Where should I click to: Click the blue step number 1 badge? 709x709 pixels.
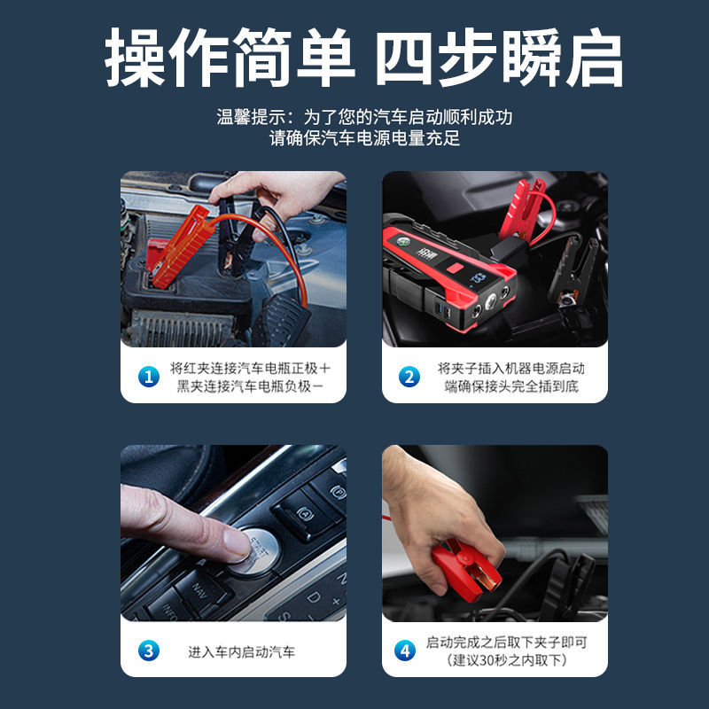[x=148, y=377]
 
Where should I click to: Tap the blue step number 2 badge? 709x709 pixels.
[x=409, y=377]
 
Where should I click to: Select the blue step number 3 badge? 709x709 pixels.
[x=148, y=651]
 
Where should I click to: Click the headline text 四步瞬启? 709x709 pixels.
[x=499, y=60]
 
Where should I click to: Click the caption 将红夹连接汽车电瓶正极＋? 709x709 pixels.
[x=251, y=368]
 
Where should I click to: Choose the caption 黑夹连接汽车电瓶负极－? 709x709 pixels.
[x=251, y=386]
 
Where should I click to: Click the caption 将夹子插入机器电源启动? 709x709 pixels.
[x=510, y=368]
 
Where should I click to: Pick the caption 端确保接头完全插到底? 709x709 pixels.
[x=510, y=386]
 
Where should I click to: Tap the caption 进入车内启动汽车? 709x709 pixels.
[x=241, y=651]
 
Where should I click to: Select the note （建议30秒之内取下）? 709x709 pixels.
[x=506, y=660]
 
